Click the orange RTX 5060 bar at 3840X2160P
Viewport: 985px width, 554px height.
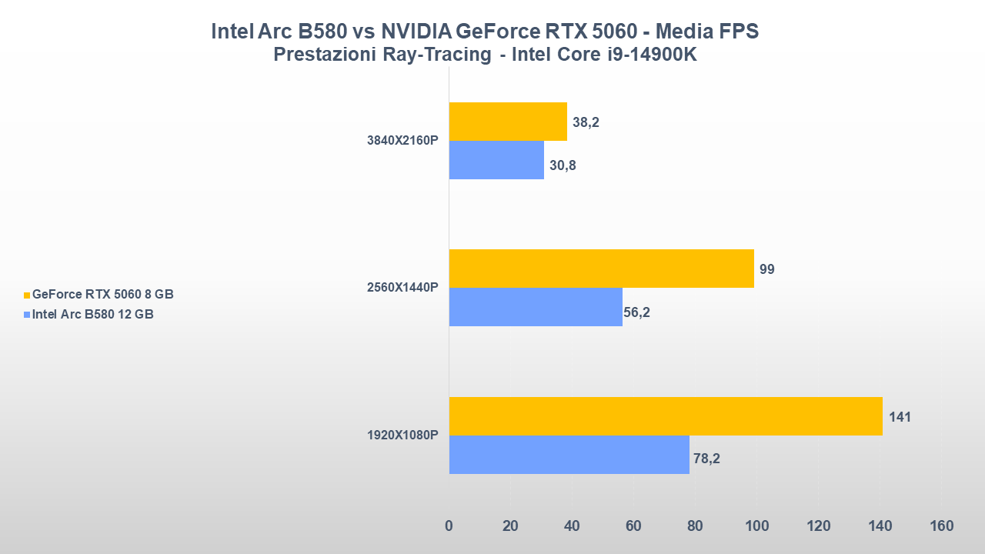coord(508,122)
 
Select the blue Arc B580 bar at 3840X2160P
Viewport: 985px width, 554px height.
coord(496,160)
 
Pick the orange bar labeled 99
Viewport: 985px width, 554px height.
coord(601,269)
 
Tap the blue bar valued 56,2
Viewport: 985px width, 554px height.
coord(536,307)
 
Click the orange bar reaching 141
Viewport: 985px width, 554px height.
coord(666,416)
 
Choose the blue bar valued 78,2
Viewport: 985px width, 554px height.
coord(569,455)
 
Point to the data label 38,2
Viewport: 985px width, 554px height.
coord(586,122)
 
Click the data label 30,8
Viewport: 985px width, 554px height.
coord(563,164)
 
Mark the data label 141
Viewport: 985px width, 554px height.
coord(900,417)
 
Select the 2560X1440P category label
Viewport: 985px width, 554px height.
coord(402,288)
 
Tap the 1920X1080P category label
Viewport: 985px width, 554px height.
coord(402,436)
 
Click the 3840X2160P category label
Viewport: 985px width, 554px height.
coord(402,141)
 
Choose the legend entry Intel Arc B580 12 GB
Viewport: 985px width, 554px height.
coord(92,314)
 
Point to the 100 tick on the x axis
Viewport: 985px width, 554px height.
coord(756,526)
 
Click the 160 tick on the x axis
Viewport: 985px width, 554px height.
coord(941,526)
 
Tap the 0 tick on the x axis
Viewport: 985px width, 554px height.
coord(449,526)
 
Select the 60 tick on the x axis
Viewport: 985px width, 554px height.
coord(633,526)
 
